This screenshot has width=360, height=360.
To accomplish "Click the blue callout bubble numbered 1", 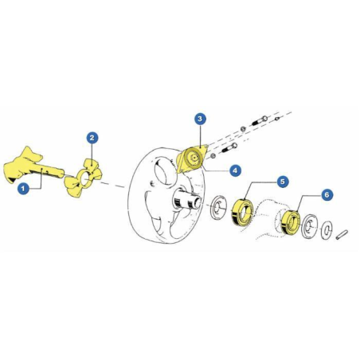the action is (x=23, y=189).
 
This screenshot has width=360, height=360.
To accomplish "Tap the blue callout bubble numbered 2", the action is (x=92, y=138).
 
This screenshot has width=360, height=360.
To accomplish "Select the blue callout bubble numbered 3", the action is (x=200, y=119).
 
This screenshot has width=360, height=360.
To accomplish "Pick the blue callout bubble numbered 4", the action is (x=235, y=170).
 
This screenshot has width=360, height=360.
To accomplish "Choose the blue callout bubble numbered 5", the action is (x=282, y=182).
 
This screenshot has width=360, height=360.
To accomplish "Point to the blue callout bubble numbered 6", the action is (x=327, y=195).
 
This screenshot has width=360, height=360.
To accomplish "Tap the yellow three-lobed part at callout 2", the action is (x=82, y=178).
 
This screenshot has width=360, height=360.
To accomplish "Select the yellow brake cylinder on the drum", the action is (x=192, y=159).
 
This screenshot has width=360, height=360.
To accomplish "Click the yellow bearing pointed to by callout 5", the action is (x=241, y=213).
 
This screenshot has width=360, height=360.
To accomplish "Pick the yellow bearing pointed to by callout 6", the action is (x=291, y=222).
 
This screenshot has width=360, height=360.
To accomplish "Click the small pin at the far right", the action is (x=342, y=234).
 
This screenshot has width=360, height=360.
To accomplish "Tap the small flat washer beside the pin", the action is (x=326, y=229).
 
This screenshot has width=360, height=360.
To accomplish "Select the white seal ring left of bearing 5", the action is (x=218, y=207).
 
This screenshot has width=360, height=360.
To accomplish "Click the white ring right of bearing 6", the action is (x=309, y=225).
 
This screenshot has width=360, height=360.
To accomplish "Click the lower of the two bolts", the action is (x=228, y=149).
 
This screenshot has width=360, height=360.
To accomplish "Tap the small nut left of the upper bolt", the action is (x=243, y=129).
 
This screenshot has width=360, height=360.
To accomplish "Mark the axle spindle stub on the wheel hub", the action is (x=186, y=201).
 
